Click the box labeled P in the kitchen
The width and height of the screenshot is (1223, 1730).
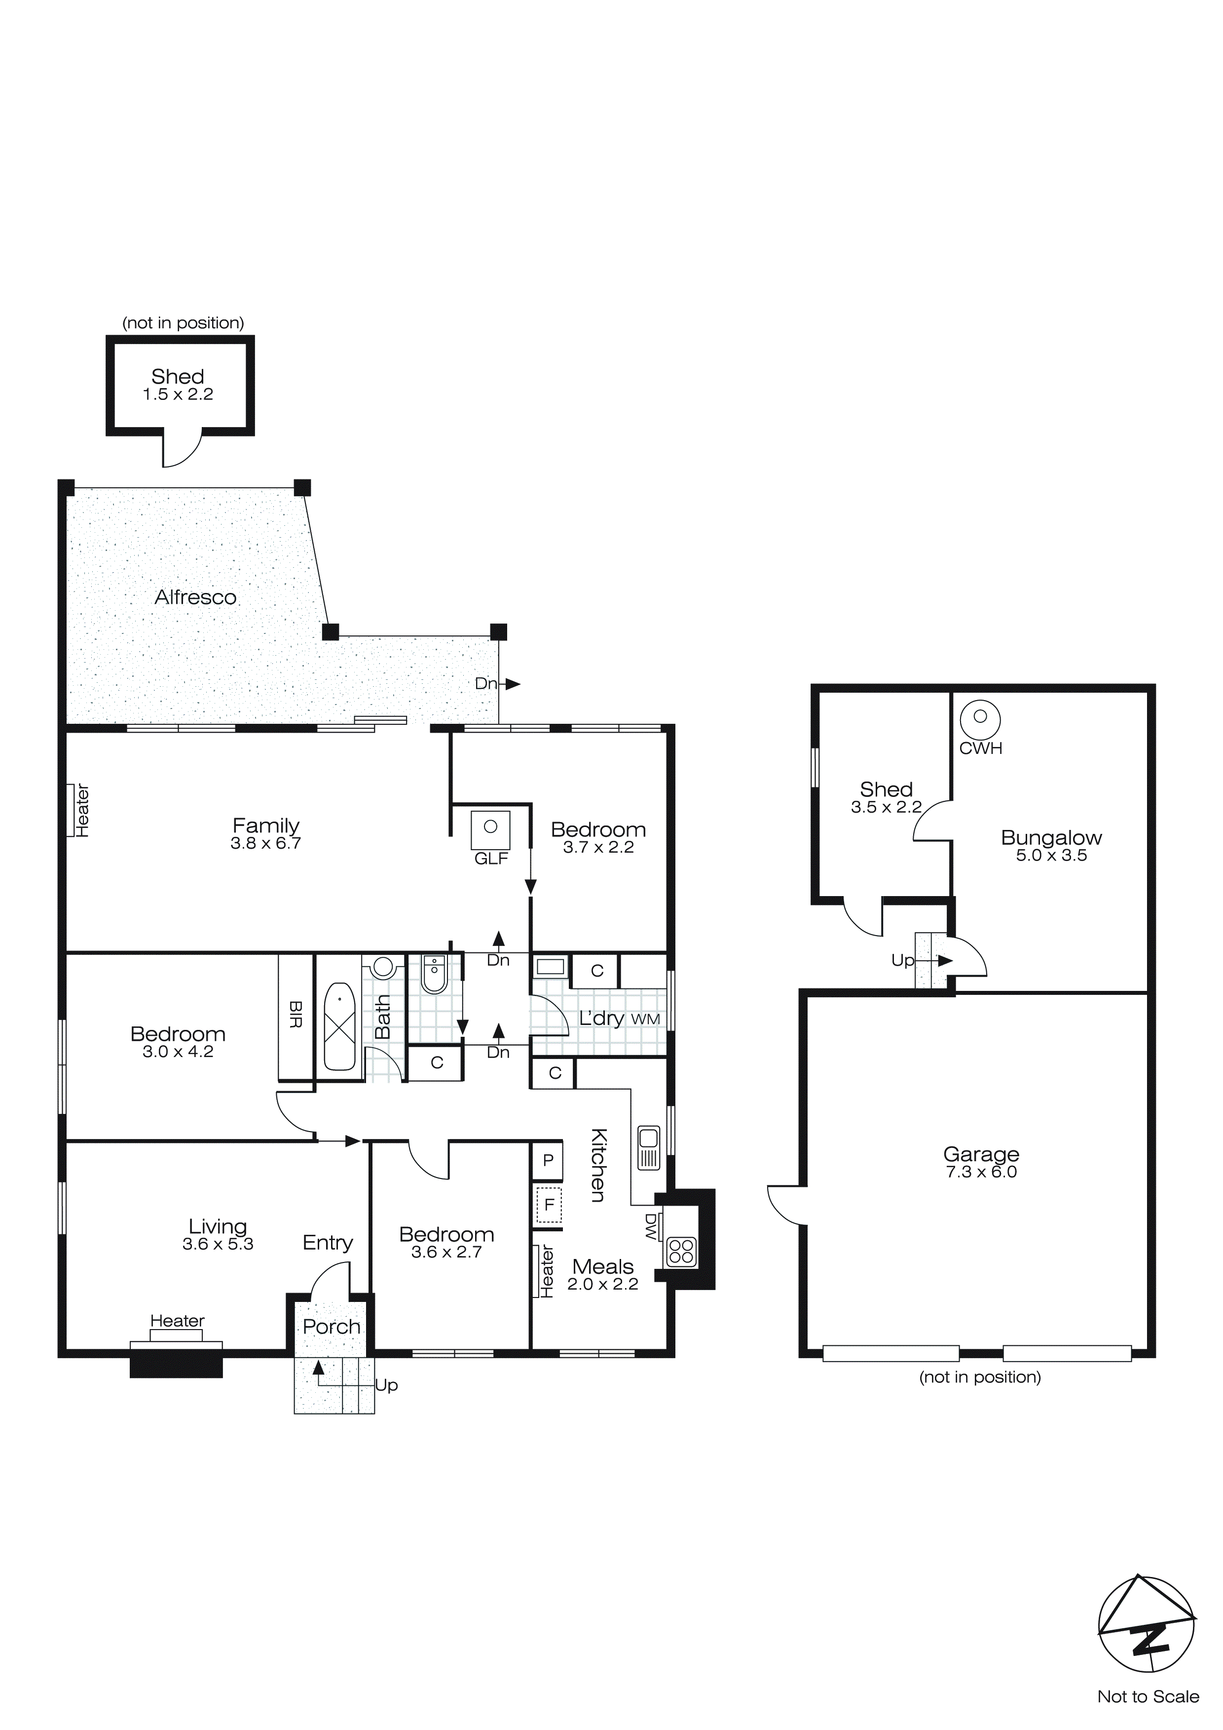click(x=548, y=1160)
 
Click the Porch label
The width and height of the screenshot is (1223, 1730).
click(x=332, y=1327)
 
